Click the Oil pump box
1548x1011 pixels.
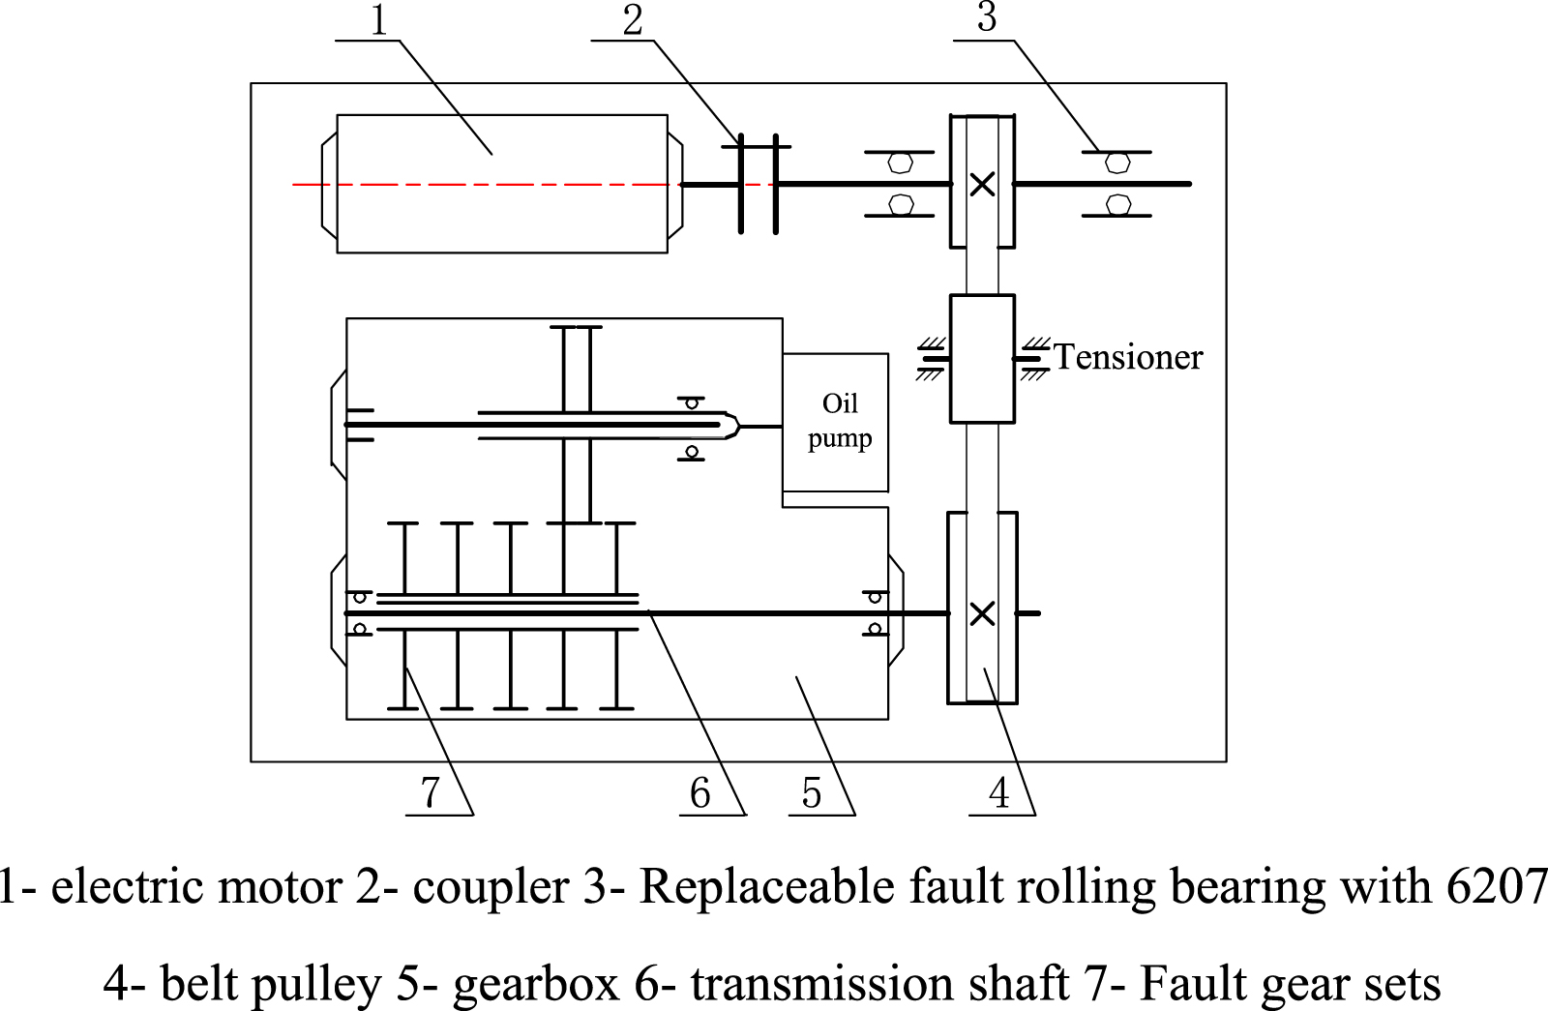coord(836,422)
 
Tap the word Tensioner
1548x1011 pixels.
coord(1127,357)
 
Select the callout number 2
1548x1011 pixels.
coord(633,20)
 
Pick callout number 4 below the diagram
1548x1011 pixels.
coord(999,793)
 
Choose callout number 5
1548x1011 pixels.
coord(811,793)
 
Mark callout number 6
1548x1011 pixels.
coord(700,793)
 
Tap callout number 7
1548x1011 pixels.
coord(431,793)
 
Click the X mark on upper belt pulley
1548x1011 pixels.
coord(982,184)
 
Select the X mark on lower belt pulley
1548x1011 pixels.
coord(982,613)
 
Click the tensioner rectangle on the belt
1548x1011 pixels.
coord(982,358)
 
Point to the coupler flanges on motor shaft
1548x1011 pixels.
coord(758,184)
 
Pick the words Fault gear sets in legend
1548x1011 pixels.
coord(1290,984)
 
